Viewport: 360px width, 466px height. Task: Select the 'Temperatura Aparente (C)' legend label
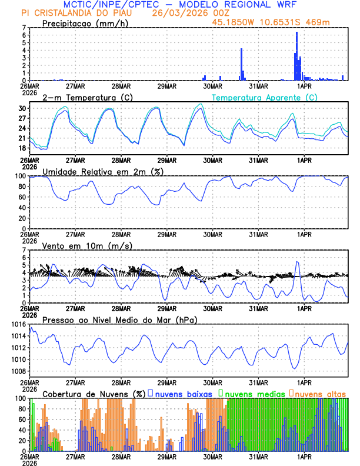265,97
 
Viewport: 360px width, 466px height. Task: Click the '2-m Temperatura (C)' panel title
87,97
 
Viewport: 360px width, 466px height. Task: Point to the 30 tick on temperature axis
23,109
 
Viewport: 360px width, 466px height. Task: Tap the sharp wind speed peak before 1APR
297,262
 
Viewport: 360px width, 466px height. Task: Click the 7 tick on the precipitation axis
25,28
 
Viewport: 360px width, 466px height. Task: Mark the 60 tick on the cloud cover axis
22,419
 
